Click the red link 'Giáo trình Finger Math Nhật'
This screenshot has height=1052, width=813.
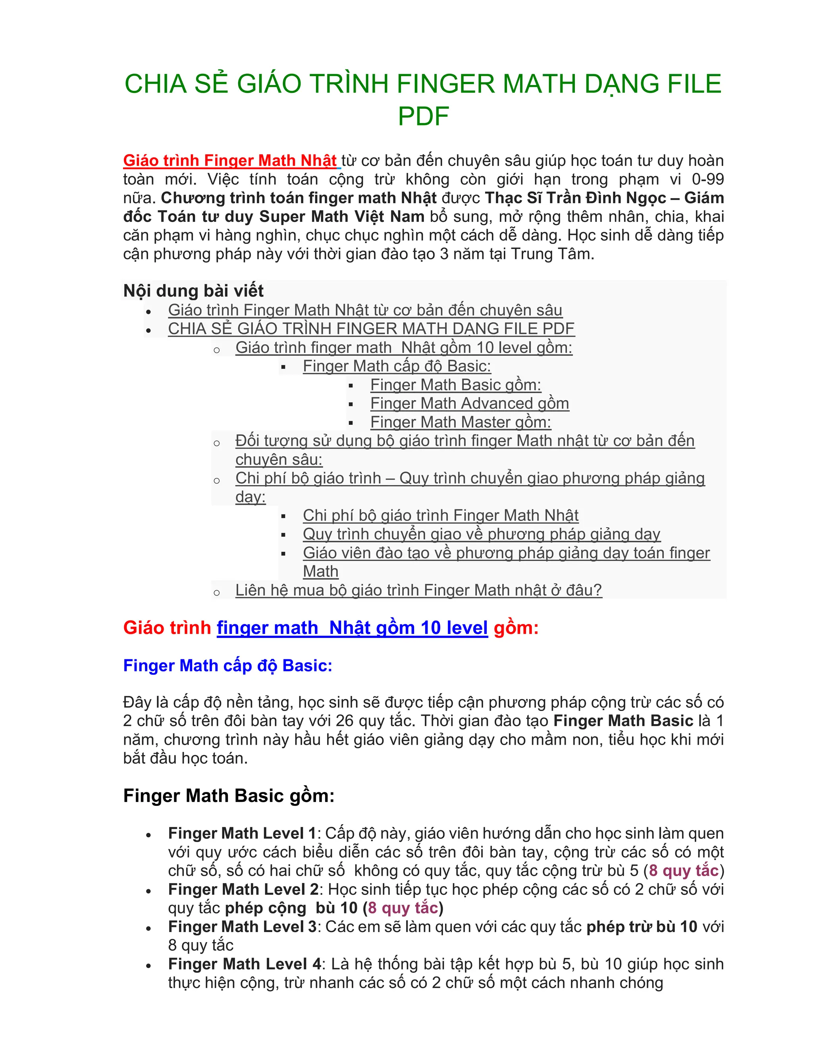[x=230, y=160]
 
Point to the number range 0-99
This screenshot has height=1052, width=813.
[x=707, y=179]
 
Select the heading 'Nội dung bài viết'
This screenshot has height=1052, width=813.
[x=193, y=291]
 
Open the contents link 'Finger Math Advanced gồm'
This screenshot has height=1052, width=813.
[x=469, y=403]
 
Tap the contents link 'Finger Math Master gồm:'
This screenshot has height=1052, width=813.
[x=460, y=422]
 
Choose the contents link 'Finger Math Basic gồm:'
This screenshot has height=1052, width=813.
[x=455, y=385]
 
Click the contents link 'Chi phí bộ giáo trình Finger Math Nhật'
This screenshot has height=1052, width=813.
[x=440, y=515]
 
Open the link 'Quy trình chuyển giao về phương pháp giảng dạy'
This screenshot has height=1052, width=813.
[x=481, y=534]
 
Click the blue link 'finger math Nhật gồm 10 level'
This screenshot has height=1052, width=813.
[x=352, y=628]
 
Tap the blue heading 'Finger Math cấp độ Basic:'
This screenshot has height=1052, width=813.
[x=227, y=665]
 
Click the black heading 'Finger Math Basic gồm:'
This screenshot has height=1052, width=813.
[x=229, y=796]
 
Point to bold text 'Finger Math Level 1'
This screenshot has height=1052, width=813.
[x=242, y=833]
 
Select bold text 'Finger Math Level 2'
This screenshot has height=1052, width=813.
[x=243, y=889]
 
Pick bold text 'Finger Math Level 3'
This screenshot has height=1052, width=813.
[x=242, y=927]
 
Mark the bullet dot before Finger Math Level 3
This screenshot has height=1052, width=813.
[x=148, y=928]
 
